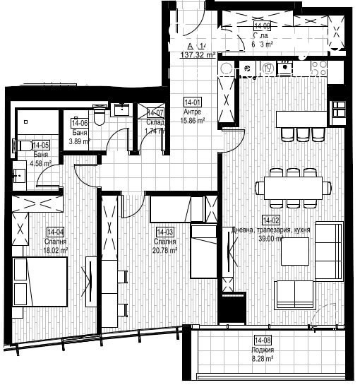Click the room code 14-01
192,101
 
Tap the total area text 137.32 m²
198,54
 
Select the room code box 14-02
270,220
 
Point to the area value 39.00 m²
272,239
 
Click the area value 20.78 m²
164,249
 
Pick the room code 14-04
56,232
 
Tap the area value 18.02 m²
56,250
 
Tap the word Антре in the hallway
192,112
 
